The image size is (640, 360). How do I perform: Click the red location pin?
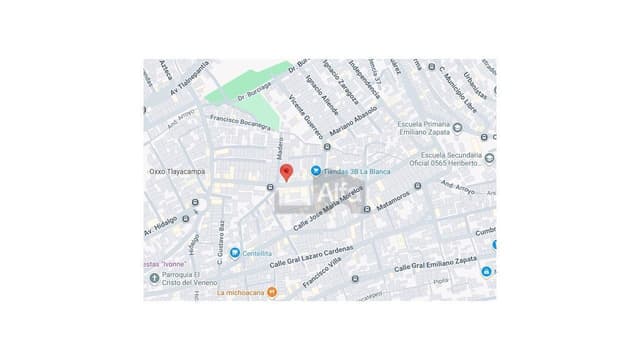(286, 172)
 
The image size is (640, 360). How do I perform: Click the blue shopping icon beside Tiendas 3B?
(316, 171)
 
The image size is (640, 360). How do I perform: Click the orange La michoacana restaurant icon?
(272, 293)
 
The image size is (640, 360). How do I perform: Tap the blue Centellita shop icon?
(235, 253)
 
